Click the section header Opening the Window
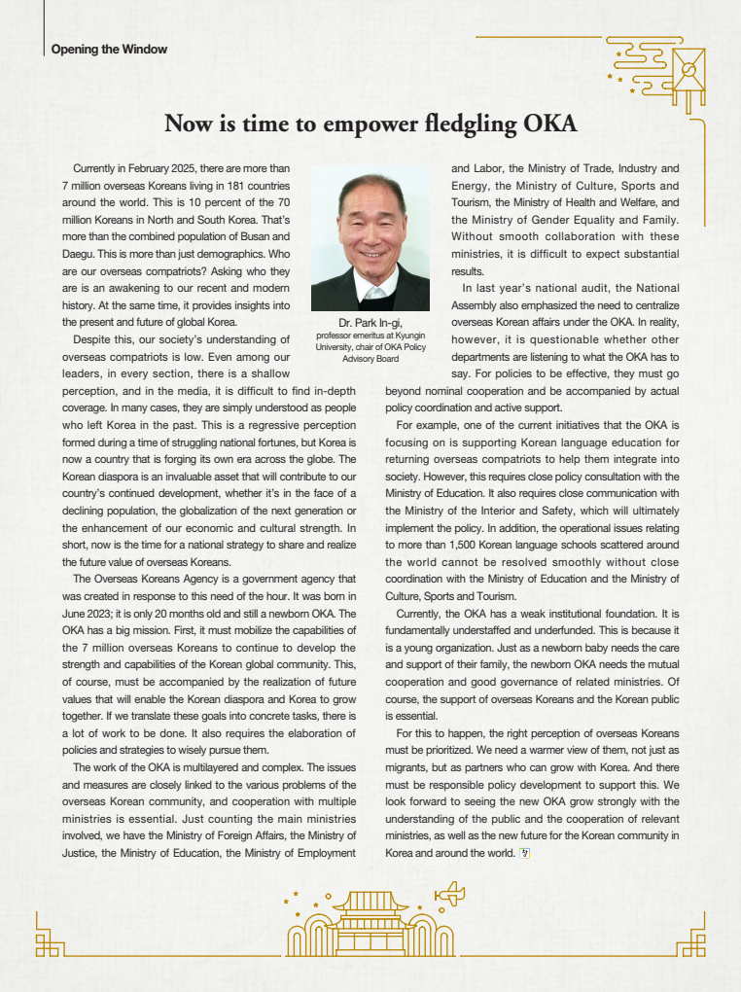click(x=109, y=50)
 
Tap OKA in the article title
click(x=550, y=124)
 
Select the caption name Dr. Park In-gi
click(x=370, y=323)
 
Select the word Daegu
click(x=78, y=253)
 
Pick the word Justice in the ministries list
click(x=80, y=853)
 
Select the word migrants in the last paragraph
click(x=407, y=766)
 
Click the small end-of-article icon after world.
click(x=525, y=853)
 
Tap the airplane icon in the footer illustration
click(x=450, y=894)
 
